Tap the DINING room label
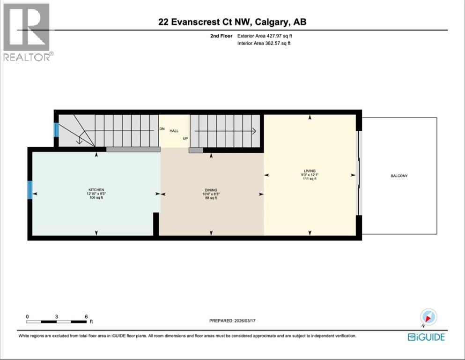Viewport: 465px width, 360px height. (x=211, y=190)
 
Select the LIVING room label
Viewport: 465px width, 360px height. (x=310, y=171)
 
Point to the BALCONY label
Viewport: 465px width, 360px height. (x=399, y=176)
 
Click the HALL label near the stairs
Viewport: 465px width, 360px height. (x=174, y=131)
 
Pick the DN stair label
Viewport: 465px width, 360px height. (x=162, y=129)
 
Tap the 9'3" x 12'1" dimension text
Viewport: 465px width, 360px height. (x=310, y=175)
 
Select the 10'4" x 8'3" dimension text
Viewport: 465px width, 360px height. (x=211, y=194)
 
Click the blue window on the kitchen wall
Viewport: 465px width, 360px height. (x=30, y=190)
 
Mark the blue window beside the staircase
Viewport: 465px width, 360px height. (x=56, y=130)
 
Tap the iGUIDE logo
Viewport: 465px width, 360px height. (x=426, y=337)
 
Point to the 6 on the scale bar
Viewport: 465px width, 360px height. (x=87, y=317)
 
